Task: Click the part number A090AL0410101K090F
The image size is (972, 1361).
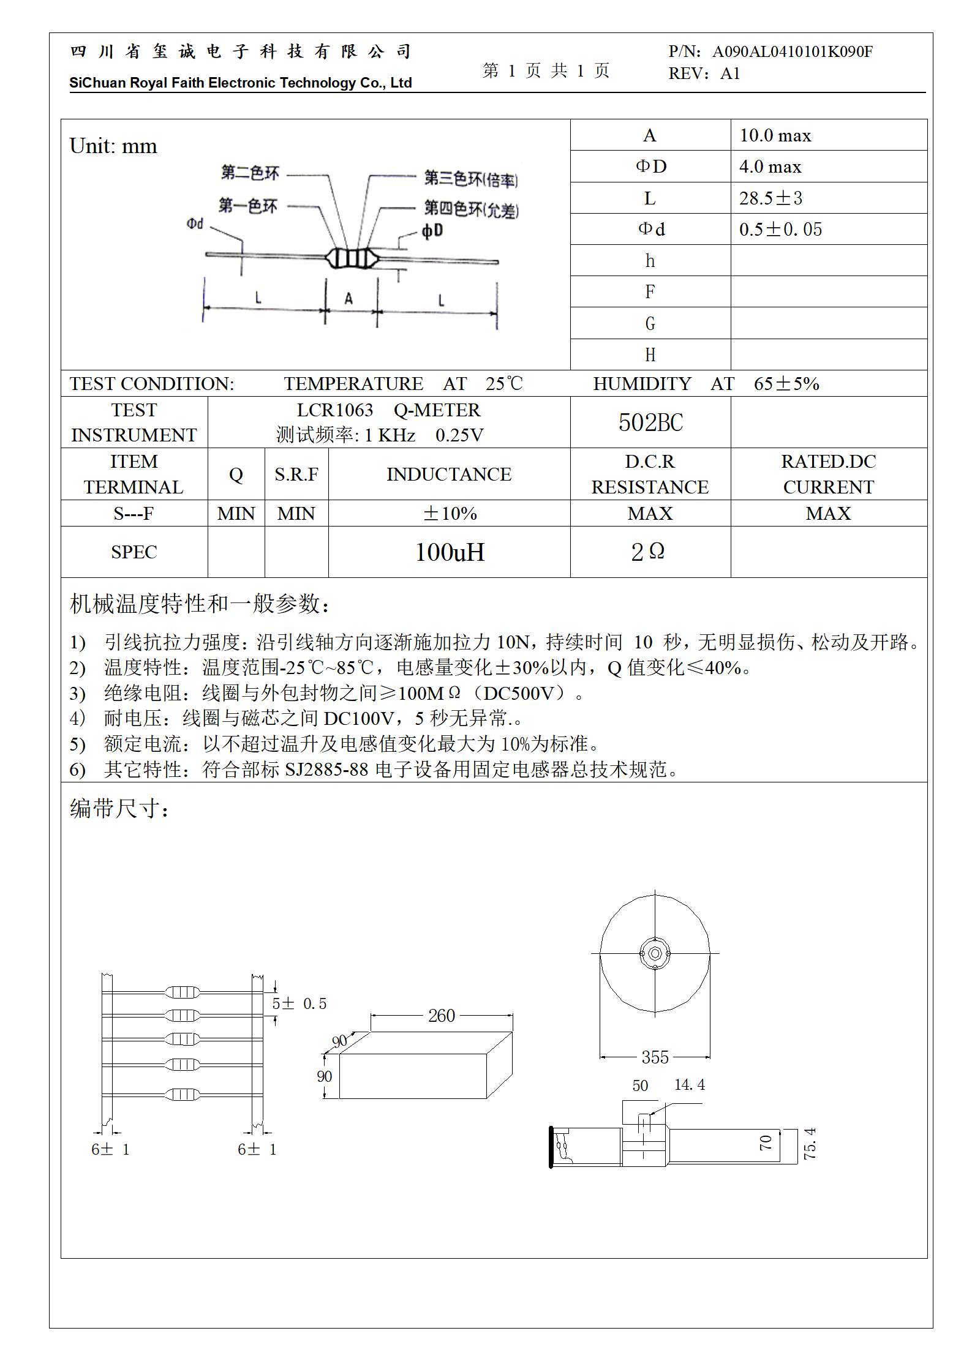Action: [x=793, y=51]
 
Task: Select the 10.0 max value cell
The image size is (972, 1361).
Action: [x=775, y=135]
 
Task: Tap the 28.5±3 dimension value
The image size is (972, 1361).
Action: [x=770, y=198]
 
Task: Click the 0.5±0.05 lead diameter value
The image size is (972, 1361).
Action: [x=780, y=230]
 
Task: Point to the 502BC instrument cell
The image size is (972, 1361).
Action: [x=650, y=422]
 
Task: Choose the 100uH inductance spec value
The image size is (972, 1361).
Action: [x=450, y=552]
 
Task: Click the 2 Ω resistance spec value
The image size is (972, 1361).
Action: [x=648, y=552]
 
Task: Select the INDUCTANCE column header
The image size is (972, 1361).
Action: [x=449, y=474]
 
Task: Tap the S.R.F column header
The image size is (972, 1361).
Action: [x=296, y=474]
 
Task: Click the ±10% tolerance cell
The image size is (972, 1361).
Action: [x=450, y=514]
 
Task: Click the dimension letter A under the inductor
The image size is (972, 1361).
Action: [x=348, y=299]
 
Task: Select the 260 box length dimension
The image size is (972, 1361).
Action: [x=442, y=1016]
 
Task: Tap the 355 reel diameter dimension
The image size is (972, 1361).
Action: [x=655, y=1057]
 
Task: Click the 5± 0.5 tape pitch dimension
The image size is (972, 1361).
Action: [x=299, y=1003]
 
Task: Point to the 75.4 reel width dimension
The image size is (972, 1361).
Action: [x=810, y=1144]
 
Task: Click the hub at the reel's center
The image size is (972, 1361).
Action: [x=655, y=953]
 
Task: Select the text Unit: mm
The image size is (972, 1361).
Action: [x=113, y=146]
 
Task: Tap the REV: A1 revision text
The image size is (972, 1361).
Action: [x=704, y=74]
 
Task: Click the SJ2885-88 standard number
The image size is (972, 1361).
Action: [x=326, y=770]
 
